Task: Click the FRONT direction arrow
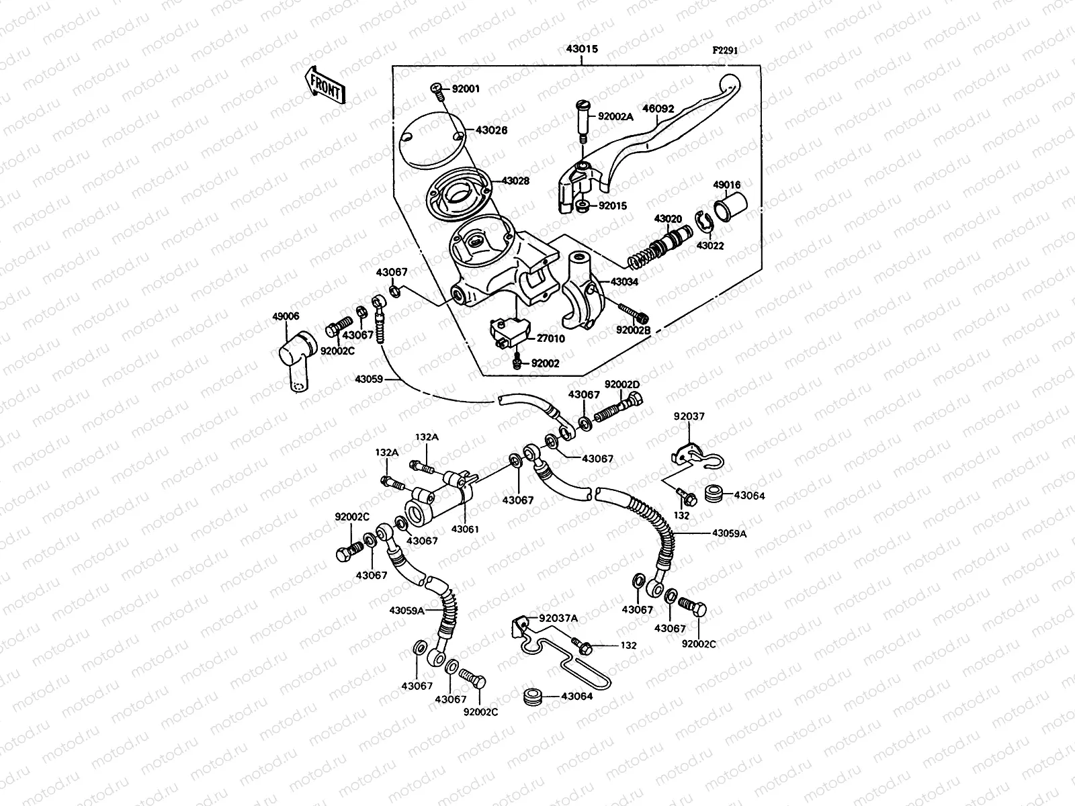tap(325, 85)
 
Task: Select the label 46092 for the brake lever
tap(658, 108)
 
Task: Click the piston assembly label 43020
tap(668, 219)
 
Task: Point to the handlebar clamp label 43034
tap(624, 282)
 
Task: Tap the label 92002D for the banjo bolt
tap(622, 384)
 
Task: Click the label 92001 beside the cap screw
tap(465, 88)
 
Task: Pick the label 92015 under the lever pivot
tap(612, 206)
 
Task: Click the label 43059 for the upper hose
tap(369, 379)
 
